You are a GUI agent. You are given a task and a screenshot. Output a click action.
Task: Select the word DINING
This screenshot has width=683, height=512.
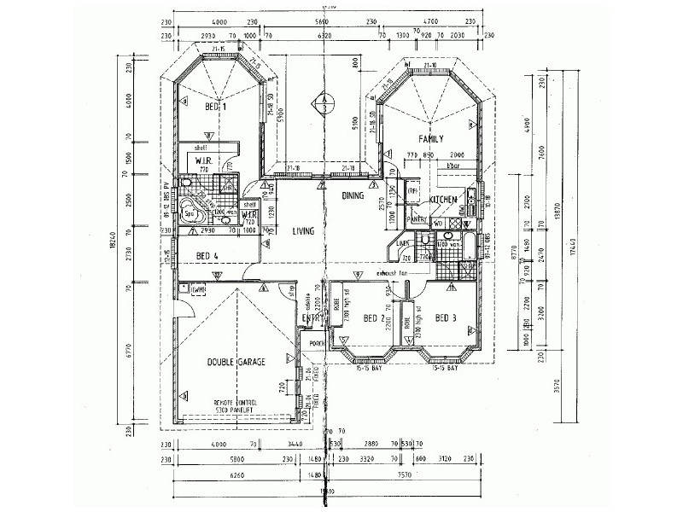353,195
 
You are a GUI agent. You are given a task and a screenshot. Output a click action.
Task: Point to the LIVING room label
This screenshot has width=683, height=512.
305,231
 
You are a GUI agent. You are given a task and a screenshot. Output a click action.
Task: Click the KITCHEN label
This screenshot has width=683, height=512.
445,199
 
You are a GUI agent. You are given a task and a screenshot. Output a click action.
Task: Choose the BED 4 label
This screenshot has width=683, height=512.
208,255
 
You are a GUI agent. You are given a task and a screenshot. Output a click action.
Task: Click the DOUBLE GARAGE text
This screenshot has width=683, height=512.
236,362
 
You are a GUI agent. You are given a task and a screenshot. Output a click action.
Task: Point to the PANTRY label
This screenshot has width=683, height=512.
417,219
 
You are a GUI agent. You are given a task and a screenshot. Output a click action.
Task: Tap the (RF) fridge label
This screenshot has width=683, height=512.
412,192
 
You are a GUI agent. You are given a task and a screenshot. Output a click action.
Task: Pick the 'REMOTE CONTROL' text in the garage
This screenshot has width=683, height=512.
236,401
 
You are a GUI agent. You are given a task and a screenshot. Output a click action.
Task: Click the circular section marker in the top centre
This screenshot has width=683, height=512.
324,104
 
